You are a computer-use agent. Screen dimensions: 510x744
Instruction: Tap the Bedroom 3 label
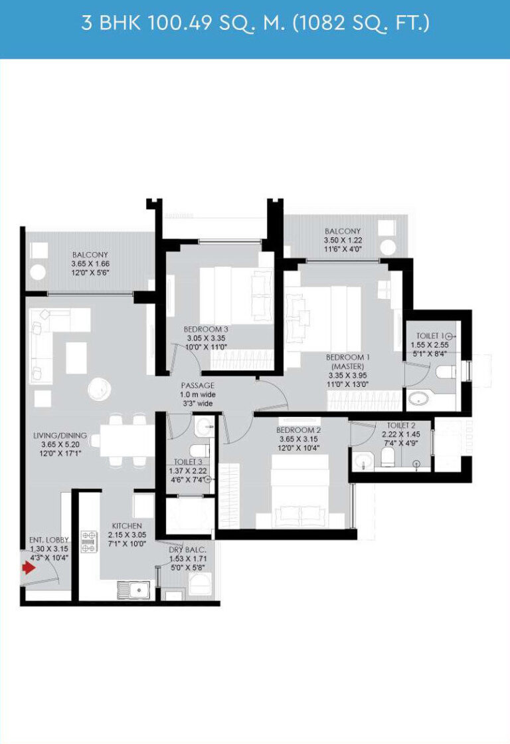click(206, 329)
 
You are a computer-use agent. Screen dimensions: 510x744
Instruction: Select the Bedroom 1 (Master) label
click(348, 362)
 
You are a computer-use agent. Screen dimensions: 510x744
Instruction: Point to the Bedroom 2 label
click(299, 430)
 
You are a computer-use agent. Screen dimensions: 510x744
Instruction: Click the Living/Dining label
click(60, 435)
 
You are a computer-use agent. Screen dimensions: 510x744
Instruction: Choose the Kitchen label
click(127, 526)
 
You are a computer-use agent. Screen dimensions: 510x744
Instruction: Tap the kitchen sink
click(133, 590)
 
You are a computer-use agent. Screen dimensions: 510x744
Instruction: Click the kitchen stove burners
click(88, 542)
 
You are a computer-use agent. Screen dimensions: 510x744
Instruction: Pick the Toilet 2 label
click(401, 425)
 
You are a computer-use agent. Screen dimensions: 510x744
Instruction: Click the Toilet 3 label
click(188, 461)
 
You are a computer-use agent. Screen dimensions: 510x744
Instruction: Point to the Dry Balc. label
click(188, 549)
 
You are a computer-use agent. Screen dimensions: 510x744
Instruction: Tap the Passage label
click(198, 385)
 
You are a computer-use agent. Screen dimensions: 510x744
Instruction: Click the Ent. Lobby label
click(49, 540)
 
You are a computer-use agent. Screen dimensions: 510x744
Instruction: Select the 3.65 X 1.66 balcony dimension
click(90, 263)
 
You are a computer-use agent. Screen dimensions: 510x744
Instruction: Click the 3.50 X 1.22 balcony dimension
click(343, 240)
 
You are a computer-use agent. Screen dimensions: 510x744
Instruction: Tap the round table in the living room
click(100, 389)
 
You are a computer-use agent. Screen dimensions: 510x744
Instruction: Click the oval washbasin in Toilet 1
click(419, 398)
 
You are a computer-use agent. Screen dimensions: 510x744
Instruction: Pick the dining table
click(127, 440)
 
